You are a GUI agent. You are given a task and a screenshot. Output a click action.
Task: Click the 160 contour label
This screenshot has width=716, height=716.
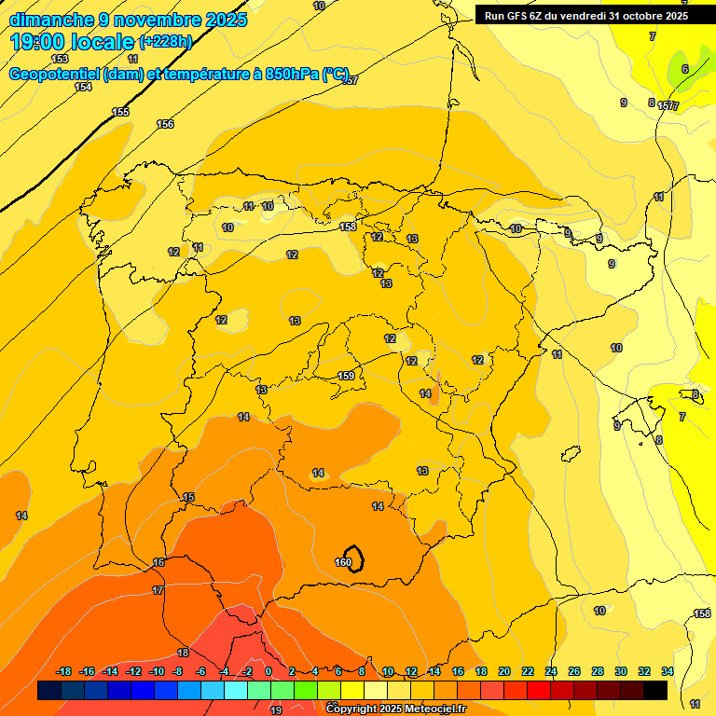(342, 562)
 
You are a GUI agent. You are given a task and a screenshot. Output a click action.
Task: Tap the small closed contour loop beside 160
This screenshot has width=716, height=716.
(354, 558)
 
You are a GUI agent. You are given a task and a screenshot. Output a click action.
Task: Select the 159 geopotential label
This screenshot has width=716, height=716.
(346, 376)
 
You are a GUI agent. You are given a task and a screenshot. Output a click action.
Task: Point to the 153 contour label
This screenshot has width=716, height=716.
(60, 59)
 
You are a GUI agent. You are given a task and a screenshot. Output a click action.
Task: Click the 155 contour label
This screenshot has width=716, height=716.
(120, 112)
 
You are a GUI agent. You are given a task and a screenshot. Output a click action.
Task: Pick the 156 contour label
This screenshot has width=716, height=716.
(165, 124)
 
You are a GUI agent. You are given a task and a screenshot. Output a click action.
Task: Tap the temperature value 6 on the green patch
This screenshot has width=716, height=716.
(684, 69)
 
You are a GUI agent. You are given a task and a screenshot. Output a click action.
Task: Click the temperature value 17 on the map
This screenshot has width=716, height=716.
(158, 590)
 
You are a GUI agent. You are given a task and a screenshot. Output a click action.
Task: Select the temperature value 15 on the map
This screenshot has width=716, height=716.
(188, 498)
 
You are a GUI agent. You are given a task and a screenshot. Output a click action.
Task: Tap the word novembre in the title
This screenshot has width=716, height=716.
(152, 20)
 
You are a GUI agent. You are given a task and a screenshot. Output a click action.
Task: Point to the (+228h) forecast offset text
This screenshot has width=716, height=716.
(165, 42)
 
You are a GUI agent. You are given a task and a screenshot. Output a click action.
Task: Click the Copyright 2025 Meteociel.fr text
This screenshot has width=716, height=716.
(395, 709)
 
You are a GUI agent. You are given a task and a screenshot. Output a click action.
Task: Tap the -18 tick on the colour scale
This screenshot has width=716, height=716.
(63, 671)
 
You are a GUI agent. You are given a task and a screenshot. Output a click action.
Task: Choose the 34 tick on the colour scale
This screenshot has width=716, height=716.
(667, 671)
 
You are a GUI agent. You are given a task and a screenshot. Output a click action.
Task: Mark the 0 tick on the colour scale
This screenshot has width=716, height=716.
(268, 671)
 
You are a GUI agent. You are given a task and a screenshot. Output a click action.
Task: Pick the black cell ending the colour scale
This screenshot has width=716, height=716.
(655, 690)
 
